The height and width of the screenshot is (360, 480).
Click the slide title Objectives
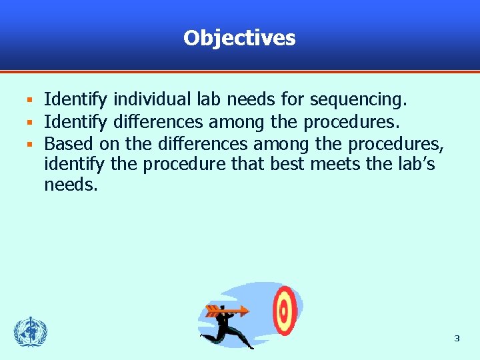(x=239, y=38)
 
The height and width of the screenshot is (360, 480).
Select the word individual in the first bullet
(x=154, y=100)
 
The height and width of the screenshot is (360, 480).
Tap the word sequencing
(x=358, y=100)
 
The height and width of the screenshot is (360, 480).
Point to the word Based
(x=69, y=143)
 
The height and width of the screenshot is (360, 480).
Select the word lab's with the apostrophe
(x=417, y=164)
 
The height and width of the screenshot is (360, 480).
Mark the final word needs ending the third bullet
(x=71, y=185)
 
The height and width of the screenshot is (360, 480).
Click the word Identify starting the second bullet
(x=75, y=121)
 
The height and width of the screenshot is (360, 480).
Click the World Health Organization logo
(x=31, y=331)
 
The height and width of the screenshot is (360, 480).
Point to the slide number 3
(x=457, y=339)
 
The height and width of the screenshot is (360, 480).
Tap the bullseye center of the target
(x=285, y=310)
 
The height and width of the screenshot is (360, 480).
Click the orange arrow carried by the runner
(x=227, y=311)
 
